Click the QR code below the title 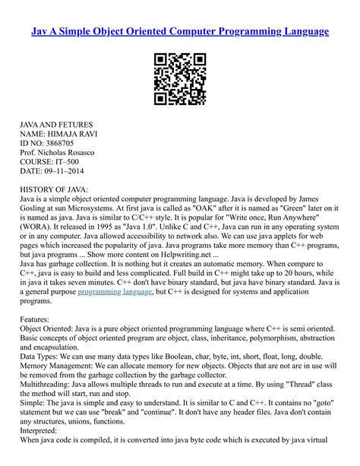tap(180, 78)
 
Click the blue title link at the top tap(180, 32)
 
